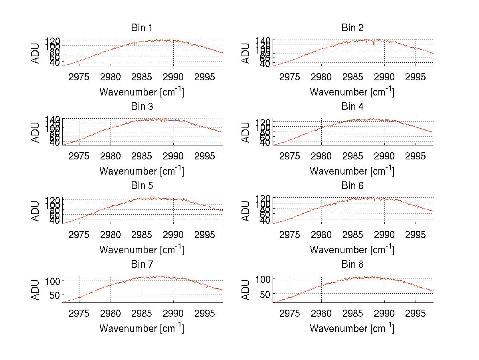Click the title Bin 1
coord(141,28)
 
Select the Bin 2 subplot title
coord(352,28)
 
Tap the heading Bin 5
coord(141,185)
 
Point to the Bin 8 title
coord(352,264)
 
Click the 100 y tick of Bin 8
coord(263,278)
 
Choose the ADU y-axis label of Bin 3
coord(36,132)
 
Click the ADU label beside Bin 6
coord(246,211)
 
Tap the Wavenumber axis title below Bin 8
coord(352,328)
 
